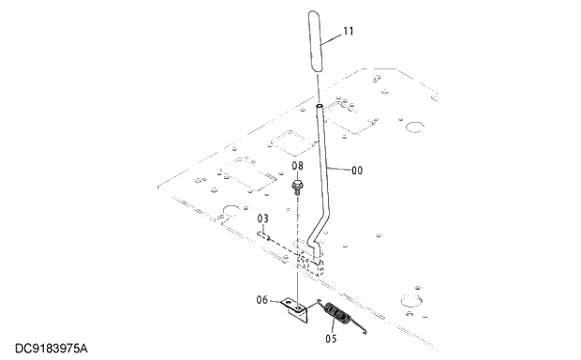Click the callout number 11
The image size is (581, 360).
348,32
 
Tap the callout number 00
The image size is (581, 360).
357,172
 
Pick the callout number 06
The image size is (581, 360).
262,300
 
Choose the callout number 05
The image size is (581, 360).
330,338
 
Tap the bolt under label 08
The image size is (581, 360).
297,188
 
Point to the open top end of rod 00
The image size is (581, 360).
319,108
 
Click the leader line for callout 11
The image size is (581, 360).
332,37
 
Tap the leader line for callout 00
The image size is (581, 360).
340,170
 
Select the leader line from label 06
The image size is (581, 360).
276,301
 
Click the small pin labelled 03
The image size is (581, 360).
268,238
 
